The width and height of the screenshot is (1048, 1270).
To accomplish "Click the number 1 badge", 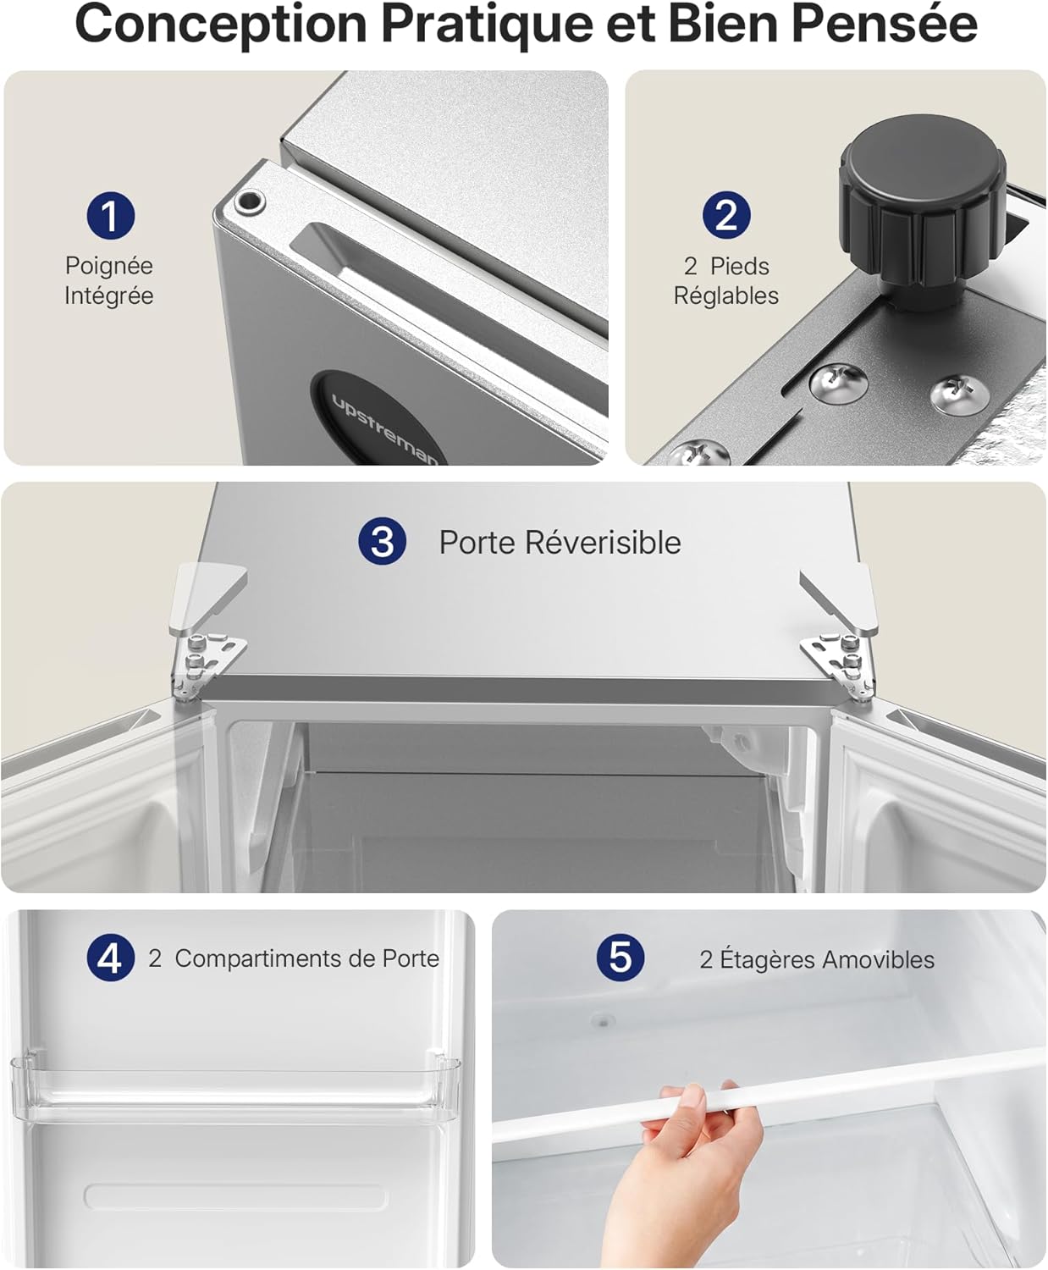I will [110, 215].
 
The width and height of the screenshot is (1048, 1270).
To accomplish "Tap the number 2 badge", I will [726, 215].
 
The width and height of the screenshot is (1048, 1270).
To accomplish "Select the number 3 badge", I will [382, 542].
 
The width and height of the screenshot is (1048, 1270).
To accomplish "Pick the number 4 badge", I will [110, 958].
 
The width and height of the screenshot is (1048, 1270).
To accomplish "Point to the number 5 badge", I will [620, 958].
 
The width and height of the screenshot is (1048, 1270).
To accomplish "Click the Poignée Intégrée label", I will [109, 280].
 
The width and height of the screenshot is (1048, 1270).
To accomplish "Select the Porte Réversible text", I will [560, 543].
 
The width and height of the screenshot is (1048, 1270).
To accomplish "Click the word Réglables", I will [726, 295].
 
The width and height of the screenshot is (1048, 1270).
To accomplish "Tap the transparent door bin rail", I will [237, 1084].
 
